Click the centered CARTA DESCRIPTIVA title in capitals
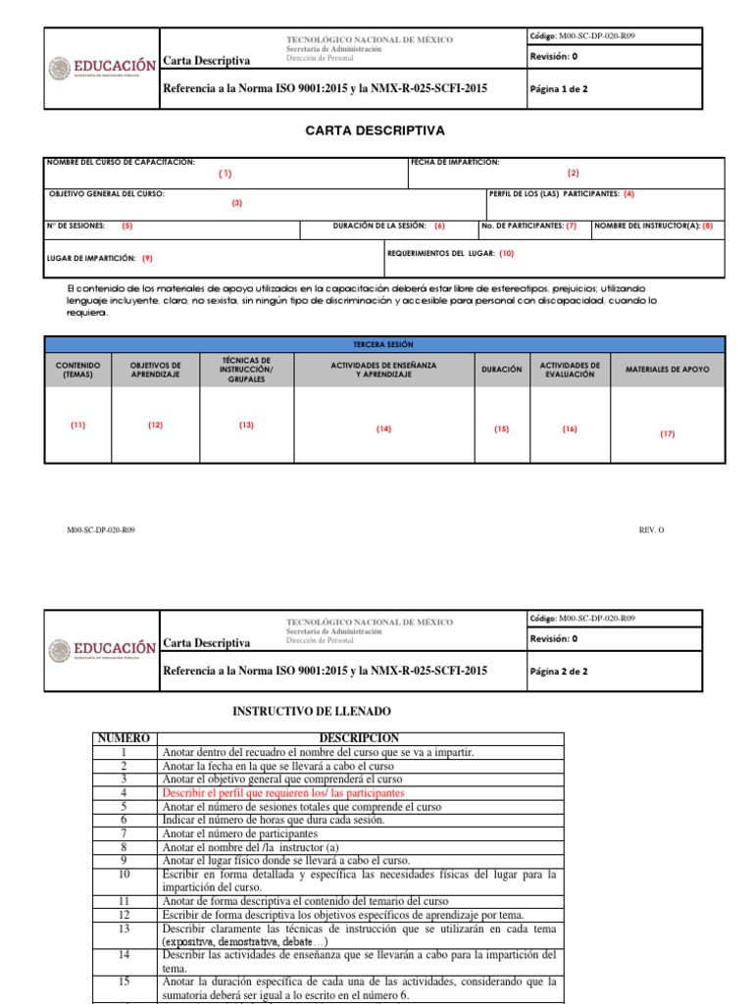[377, 130]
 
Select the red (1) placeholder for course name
[226, 173]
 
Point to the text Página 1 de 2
[559, 88]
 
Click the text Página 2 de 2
[559, 672]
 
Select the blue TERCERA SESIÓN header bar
[383, 345]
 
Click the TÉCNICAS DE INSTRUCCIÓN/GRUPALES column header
[246, 370]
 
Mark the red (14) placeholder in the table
[383, 429]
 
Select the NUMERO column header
[124, 737]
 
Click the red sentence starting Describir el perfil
[283, 792]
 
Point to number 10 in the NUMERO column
[124, 874]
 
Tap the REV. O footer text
[651, 530]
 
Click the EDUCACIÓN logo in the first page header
[102, 67]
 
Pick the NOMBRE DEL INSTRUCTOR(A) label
[647, 226]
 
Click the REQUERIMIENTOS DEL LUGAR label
[441, 253]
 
